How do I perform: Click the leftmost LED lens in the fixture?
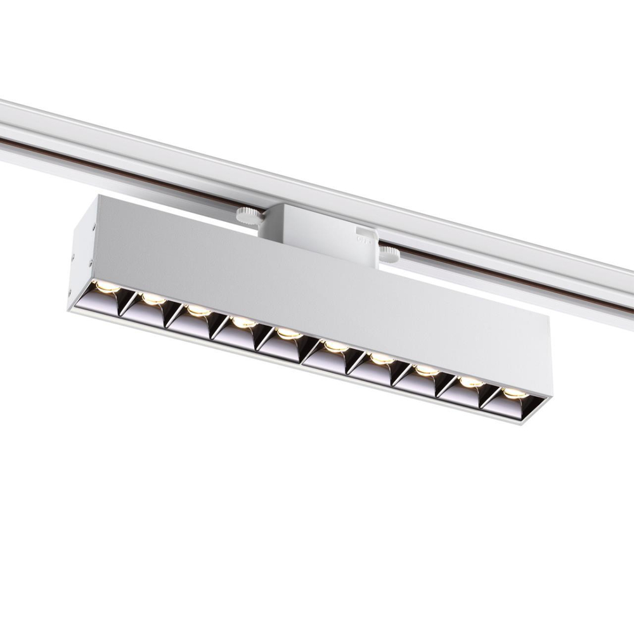point(108,287)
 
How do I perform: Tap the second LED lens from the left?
point(152,298)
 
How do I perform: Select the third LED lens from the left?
point(198,310)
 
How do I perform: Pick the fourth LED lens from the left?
point(243,322)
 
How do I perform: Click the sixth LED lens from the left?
point(334,346)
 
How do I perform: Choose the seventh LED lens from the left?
point(381,358)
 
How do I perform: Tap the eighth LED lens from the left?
point(425,369)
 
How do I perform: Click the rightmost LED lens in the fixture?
point(514,393)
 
